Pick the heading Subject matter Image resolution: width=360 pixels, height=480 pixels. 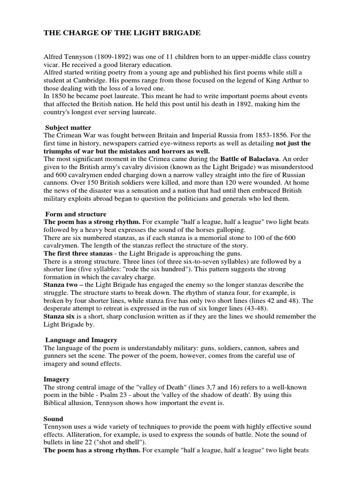pos(68,127)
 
